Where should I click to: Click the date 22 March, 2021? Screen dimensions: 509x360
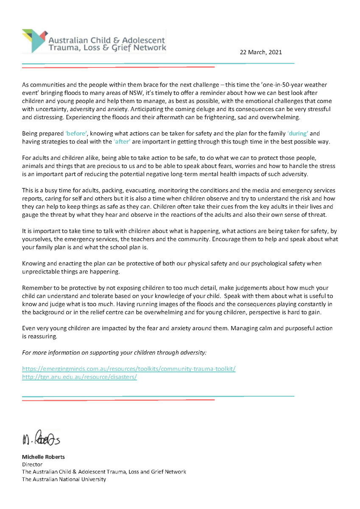260,52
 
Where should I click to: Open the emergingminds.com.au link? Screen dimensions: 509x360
128,369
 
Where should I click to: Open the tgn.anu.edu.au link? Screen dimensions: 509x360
79,377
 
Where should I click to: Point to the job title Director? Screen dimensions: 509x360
32,464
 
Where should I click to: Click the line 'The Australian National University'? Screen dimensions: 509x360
64,479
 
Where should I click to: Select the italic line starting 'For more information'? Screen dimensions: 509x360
114,353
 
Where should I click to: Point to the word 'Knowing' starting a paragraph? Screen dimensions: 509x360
34,263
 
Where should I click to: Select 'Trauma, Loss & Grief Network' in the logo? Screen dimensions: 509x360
108,48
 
